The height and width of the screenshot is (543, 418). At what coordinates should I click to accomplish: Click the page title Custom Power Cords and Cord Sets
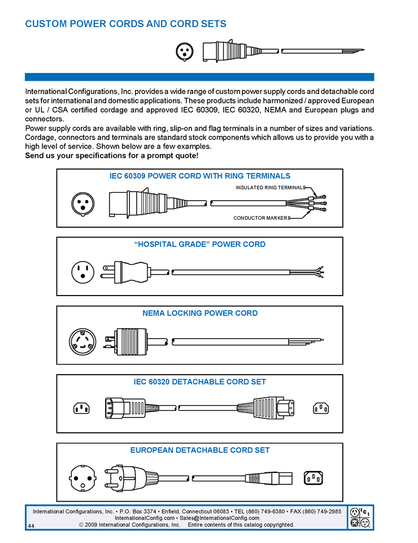[125, 24]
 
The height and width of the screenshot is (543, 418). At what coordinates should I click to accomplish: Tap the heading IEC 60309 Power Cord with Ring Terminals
[199, 176]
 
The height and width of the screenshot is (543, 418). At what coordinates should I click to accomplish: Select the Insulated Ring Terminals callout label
[270, 188]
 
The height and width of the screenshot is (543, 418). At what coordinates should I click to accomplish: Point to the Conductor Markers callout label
[261, 218]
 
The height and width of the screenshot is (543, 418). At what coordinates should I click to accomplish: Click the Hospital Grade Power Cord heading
[199, 244]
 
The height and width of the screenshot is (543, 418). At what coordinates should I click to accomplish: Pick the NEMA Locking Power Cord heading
[199, 313]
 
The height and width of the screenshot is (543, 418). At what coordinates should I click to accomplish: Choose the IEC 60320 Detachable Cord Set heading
[199, 382]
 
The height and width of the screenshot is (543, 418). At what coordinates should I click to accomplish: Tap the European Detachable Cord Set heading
[199, 450]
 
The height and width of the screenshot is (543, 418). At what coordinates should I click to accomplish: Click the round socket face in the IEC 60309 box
[82, 203]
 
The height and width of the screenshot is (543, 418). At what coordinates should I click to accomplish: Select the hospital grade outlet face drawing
[82, 273]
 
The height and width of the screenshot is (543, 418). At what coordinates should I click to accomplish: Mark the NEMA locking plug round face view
[82, 342]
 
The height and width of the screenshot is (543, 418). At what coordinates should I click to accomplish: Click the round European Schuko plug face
[82, 479]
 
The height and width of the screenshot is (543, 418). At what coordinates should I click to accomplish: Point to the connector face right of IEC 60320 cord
[321, 408]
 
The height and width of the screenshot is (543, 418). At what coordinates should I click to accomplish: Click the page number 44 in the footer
[31, 525]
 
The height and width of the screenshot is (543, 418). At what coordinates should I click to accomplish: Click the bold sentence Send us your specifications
[112, 155]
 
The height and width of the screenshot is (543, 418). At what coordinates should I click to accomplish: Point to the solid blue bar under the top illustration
[199, 77]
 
